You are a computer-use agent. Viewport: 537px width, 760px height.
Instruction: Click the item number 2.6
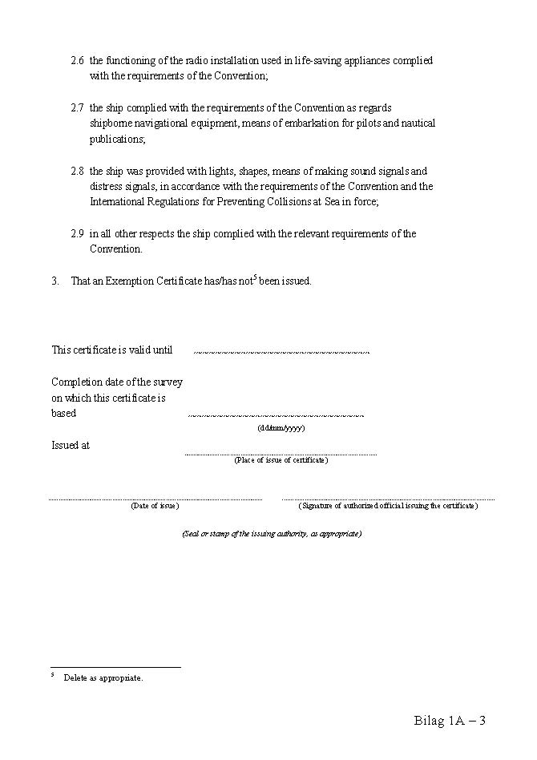[x=77, y=61]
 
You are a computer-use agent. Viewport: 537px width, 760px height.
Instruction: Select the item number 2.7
[x=77, y=108]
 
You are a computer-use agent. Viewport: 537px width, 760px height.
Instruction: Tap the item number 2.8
[x=77, y=172]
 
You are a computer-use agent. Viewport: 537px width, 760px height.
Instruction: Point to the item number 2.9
[x=77, y=234]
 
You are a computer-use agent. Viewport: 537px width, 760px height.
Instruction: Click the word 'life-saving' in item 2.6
[x=309, y=61]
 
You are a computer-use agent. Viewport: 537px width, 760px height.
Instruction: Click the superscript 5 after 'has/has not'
[x=255, y=277]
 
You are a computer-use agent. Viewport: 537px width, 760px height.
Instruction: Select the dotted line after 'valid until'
[x=282, y=351]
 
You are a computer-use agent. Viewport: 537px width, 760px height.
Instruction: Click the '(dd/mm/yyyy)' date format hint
[x=281, y=428]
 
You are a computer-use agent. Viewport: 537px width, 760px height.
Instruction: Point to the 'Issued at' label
[x=71, y=446]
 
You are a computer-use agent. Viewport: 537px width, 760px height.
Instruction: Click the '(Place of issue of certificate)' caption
[x=281, y=460]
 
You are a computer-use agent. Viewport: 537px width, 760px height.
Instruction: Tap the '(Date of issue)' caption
[x=155, y=506]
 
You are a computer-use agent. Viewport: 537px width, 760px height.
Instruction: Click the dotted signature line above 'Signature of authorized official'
[x=388, y=499]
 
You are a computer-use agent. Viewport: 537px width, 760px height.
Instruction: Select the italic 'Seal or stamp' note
[x=272, y=534]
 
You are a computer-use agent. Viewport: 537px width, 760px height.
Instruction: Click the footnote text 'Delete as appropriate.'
[x=103, y=678]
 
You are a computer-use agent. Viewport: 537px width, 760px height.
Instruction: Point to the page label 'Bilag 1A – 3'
[x=450, y=720]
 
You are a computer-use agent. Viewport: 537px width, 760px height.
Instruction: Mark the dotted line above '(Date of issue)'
[x=155, y=499]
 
